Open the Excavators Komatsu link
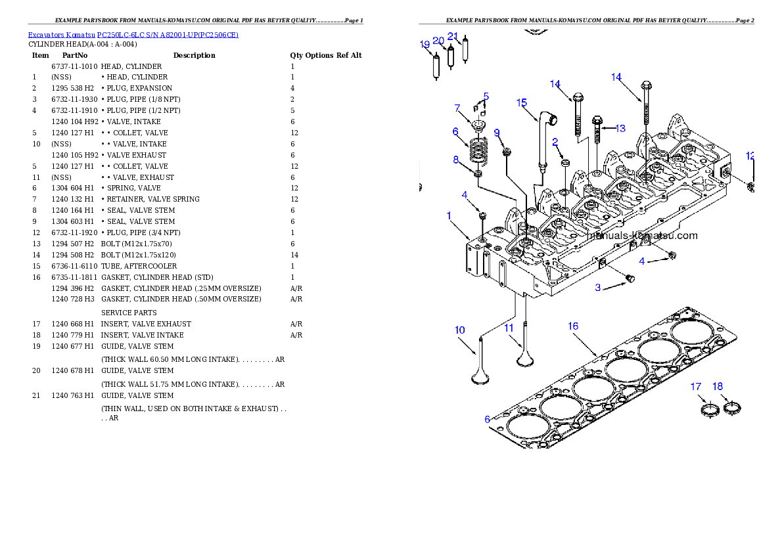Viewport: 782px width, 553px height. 61,35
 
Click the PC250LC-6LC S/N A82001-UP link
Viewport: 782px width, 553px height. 168,35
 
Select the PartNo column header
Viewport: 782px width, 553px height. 75,55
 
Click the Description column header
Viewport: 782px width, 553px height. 194,55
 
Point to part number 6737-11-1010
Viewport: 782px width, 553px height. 74,66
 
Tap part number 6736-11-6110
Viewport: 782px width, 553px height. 74,266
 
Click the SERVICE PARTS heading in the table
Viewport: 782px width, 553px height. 129,313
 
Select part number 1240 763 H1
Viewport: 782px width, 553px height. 72,395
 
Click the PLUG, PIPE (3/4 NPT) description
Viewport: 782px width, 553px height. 141,233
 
